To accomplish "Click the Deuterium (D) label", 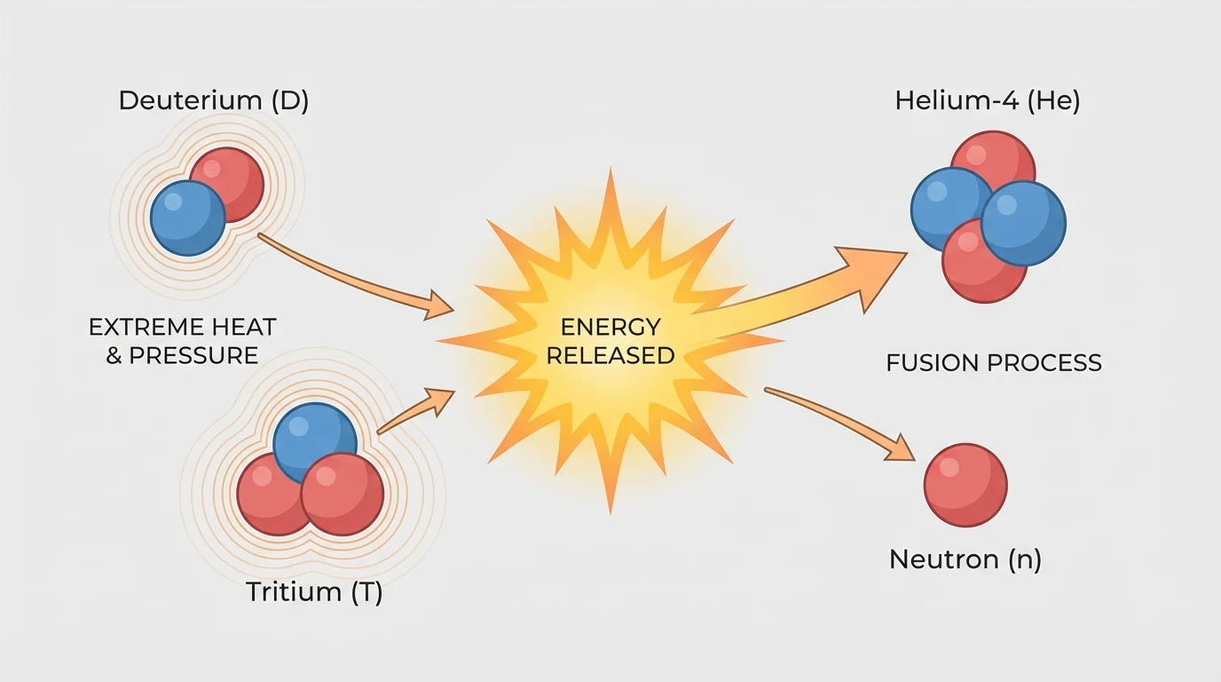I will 213,100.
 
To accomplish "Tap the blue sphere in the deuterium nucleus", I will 187,218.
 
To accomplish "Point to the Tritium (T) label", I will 314,592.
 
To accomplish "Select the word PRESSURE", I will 193,356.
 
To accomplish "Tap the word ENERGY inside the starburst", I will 610,328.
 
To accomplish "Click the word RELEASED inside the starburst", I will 610,356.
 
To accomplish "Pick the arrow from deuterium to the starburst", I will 355,280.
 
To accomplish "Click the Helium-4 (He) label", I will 987,100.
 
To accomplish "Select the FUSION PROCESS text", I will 994,362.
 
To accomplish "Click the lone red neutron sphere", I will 965,486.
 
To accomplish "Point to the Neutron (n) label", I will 965,559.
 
